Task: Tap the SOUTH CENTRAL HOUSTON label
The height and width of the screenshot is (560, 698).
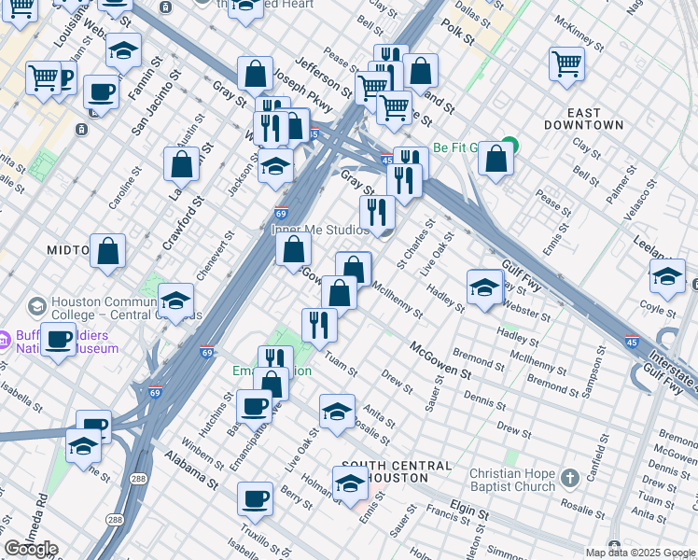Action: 397,471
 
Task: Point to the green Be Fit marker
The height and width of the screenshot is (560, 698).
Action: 508,147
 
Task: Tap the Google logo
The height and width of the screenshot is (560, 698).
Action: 30,549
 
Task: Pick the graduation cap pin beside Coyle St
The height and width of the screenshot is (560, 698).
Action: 667,276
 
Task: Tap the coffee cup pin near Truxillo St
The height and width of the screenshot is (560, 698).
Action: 255,499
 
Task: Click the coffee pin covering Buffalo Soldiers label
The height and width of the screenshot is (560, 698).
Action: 59,340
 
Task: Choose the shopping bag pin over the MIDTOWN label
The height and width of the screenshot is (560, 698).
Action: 108,251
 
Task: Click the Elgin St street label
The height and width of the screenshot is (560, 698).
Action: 470,513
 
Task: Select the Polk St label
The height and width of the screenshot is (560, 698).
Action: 458,32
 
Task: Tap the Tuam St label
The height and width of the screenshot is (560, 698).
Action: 341,363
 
